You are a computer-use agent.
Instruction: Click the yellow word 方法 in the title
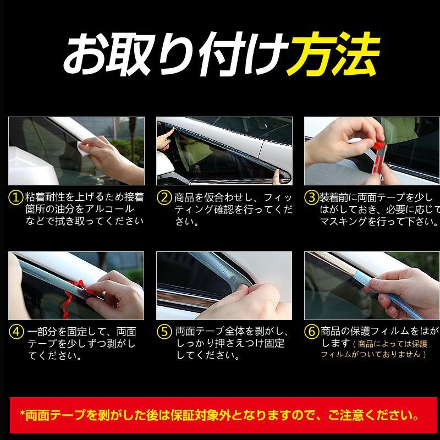(x=333, y=53)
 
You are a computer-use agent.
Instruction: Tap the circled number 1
(x=16, y=197)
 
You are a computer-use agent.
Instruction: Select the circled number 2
(x=164, y=197)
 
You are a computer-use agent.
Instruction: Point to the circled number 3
(x=311, y=197)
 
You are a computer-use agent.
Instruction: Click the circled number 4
(x=16, y=332)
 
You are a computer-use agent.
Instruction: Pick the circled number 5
(x=164, y=332)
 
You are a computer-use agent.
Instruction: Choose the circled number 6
(x=312, y=332)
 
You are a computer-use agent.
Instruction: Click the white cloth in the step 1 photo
(x=82, y=149)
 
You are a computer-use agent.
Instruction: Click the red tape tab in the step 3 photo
(x=379, y=145)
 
